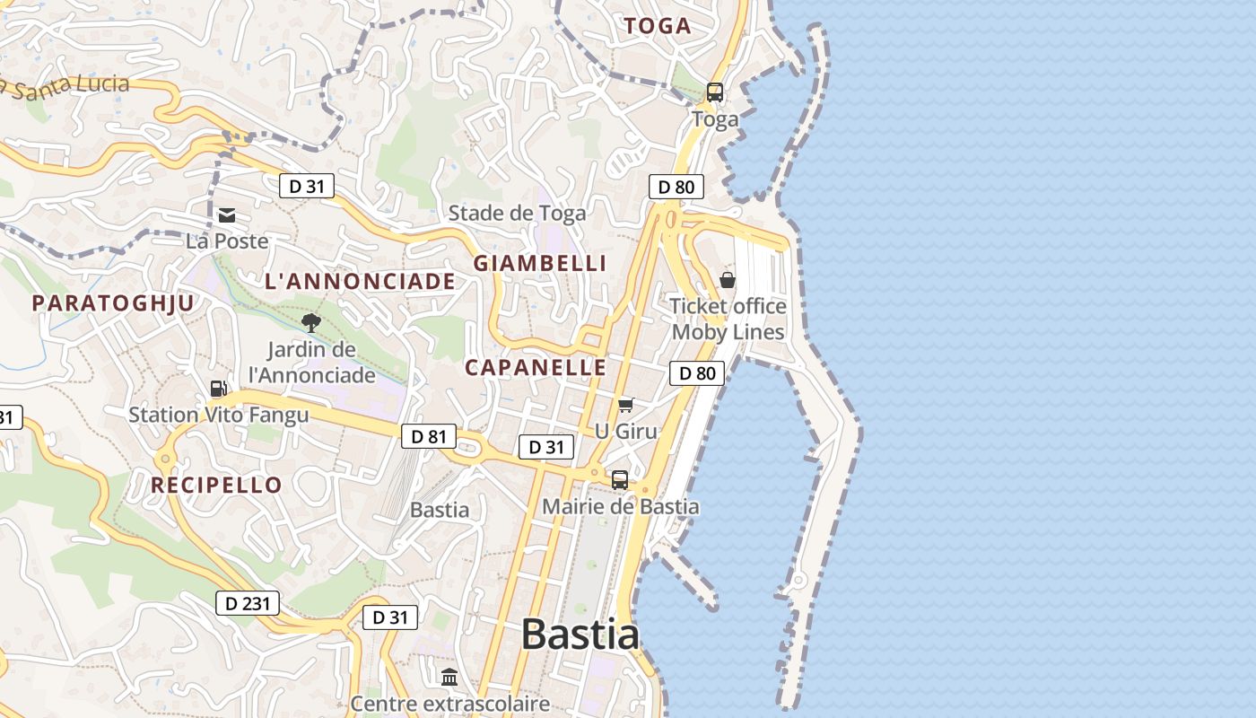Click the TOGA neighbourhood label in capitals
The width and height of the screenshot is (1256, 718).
click(x=658, y=26)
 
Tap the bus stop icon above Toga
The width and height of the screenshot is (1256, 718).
click(x=715, y=92)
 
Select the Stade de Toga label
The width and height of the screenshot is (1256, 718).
click(x=517, y=213)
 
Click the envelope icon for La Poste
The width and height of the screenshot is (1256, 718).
click(x=226, y=215)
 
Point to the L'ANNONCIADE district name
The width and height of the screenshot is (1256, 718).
click(x=360, y=281)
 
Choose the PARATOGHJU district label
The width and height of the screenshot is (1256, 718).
click(x=113, y=303)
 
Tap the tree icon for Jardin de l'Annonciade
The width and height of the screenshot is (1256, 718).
click(x=311, y=323)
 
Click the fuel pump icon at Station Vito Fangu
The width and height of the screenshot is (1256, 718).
click(x=218, y=389)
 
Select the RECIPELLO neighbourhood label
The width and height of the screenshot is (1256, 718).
click(x=216, y=486)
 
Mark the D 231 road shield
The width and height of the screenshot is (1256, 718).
click(x=248, y=603)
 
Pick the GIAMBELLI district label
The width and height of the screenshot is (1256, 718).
click(x=540, y=263)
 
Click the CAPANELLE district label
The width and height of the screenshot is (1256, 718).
click(x=536, y=367)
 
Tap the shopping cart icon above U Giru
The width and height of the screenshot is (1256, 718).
click(x=625, y=406)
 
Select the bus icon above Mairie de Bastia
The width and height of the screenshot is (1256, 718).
click(x=620, y=479)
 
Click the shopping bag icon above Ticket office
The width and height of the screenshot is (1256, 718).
click(x=728, y=280)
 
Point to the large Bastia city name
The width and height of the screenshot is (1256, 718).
click(x=580, y=635)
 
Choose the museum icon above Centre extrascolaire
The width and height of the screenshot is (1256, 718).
click(x=449, y=677)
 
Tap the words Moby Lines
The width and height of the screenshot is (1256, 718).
click(x=728, y=332)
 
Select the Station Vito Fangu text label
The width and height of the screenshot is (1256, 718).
click(x=218, y=415)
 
